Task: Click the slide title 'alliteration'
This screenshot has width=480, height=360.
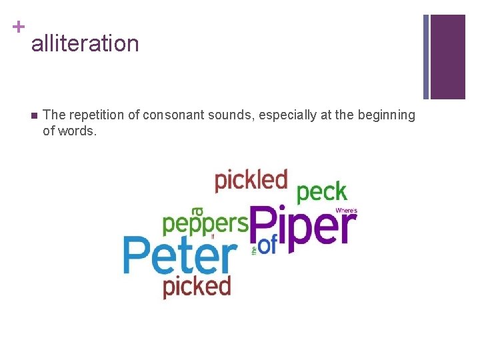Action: tap(85, 44)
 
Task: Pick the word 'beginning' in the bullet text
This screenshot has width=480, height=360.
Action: tap(387, 115)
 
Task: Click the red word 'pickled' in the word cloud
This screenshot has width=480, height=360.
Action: tap(251, 180)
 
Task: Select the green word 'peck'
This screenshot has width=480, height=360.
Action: tap(322, 193)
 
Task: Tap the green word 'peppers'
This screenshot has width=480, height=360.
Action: tap(205, 224)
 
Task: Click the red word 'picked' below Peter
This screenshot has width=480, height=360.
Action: tap(197, 287)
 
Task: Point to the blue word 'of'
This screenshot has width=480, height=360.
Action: tap(267, 246)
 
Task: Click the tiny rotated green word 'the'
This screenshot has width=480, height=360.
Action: tap(254, 251)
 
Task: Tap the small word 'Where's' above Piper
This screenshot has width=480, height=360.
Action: tap(346, 211)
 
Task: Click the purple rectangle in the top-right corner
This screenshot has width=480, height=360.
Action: tap(447, 57)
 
